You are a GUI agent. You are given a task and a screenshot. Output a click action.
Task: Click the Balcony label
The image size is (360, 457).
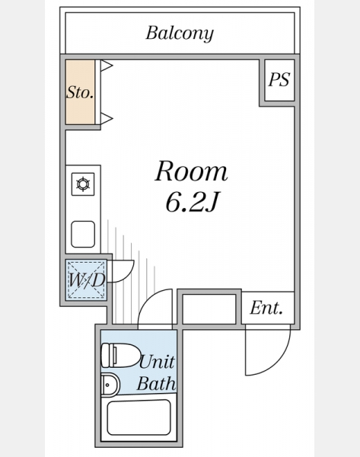pos(180,34)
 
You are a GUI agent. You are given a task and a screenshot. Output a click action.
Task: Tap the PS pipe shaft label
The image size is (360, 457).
pos(279,79)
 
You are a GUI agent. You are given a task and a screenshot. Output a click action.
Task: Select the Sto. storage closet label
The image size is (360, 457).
pos(80,92)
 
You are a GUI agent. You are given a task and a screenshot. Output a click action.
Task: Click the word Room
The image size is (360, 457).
pos(191,171)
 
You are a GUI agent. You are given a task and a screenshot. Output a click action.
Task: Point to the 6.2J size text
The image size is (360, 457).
pos(191,202)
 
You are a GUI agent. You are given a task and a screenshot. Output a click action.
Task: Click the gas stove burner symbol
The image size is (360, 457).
pos(83,184)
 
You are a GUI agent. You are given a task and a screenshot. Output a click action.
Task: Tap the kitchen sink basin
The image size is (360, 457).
pos(83,234)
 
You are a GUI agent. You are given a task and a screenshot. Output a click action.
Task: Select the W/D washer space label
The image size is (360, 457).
pos(86,280)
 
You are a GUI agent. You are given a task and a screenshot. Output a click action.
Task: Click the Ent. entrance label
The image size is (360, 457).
pos(266,308)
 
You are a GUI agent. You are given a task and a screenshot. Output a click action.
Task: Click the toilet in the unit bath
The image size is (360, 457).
pos(120,355)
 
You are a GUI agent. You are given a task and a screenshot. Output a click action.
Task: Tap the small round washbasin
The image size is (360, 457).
pos(110,385)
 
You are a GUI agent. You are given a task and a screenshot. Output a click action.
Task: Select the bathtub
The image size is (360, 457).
pos(139,417)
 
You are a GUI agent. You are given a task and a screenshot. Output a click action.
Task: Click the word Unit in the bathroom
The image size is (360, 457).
pos(157,362)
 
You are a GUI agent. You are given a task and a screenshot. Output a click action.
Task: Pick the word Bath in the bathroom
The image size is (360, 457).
pos(157,383)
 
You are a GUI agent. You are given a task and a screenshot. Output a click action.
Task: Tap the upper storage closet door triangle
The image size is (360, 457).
pos(107,66)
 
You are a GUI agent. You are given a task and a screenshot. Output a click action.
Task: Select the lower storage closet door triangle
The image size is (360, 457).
pos(107,118)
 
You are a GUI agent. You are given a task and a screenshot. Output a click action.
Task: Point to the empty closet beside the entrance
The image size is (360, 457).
pos(209,309)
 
